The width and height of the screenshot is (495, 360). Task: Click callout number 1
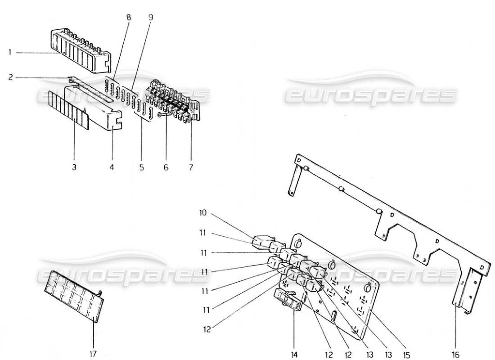coord(9,53)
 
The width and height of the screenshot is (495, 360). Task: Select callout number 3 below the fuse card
coord(74,167)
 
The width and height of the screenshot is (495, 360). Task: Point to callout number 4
coord(112,167)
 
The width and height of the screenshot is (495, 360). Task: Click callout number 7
coord(191,167)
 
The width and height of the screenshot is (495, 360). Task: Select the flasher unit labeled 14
coord(288,299)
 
